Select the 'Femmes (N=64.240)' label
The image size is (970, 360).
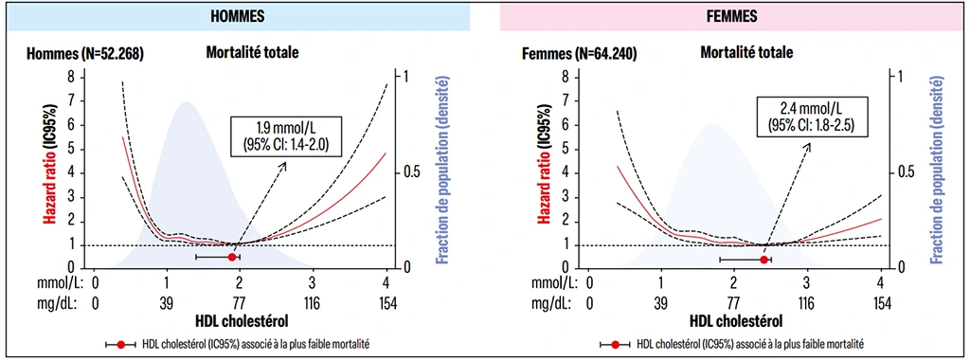[578, 53]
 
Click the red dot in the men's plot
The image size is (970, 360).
[232, 257]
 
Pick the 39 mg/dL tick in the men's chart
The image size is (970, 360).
[167, 303]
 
